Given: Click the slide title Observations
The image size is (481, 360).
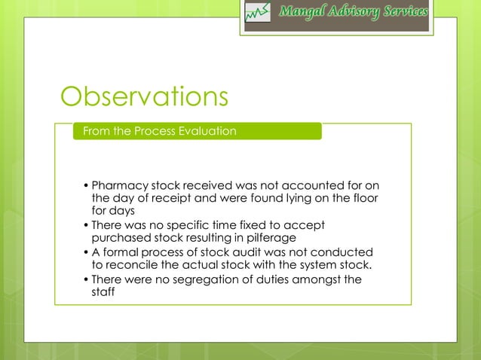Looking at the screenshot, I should click(144, 96).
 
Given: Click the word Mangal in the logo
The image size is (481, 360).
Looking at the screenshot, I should click(303, 12).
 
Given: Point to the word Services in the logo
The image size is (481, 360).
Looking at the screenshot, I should click(404, 12).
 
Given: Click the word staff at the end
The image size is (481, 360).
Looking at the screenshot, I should click(105, 292).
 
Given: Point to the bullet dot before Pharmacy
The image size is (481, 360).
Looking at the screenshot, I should click(86, 186).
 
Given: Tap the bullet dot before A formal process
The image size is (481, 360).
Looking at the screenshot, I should click(86, 253).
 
